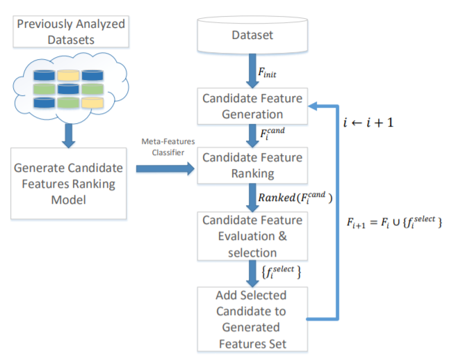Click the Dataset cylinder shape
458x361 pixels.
click(252, 34)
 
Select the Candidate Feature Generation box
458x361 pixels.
click(252, 106)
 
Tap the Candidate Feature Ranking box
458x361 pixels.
click(252, 166)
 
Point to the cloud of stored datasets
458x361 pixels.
click(68, 90)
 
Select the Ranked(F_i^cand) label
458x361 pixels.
click(296, 198)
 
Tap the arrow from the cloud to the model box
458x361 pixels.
click(68, 132)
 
